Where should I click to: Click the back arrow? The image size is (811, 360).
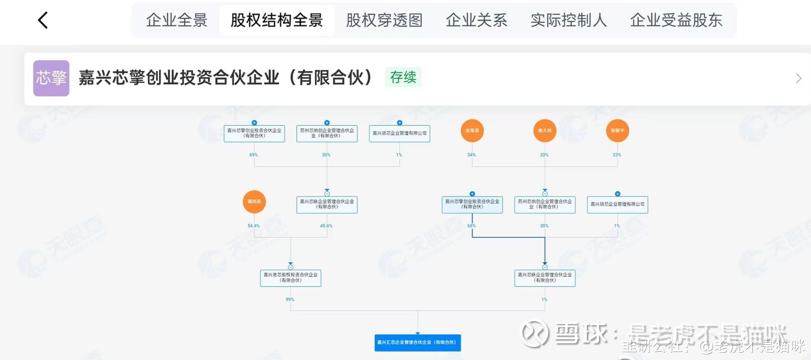pyautogui.click(x=43, y=20)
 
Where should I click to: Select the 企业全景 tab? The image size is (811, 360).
pyautogui.click(x=177, y=20)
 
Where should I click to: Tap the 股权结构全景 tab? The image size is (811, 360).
pyautogui.click(x=277, y=20)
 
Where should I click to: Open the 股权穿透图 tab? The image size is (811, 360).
pyautogui.click(x=384, y=20)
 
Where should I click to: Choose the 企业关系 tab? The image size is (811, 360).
pyautogui.click(x=476, y=20)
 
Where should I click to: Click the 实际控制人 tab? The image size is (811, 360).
pyautogui.click(x=569, y=20)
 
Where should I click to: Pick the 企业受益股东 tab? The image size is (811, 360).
pyautogui.click(x=676, y=20)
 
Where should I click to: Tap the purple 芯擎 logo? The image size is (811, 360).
pyautogui.click(x=51, y=78)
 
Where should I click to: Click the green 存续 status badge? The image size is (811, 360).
pyautogui.click(x=403, y=77)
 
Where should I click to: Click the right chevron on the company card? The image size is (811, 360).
pyautogui.click(x=798, y=78)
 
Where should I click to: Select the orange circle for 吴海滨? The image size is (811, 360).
pyautogui.click(x=472, y=131)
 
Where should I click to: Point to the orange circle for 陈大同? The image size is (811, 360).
pyautogui.click(x=545, y=131)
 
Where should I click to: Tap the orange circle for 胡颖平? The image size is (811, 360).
pyautogui.click(x=618, y=131)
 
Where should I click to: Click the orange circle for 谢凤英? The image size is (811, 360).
pyautogui.click(x=254, y=201)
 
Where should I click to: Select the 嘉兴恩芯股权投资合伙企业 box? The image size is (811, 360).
pyautogui.click(x=291, y=278)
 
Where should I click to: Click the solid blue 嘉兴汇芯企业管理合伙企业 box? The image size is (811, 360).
pyautogui.click(x=418, y=343)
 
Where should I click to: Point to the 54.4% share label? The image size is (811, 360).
pyautogui.click(x=253, y=226)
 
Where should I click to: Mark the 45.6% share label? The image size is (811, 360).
pyautogui.click(x=326, y=226)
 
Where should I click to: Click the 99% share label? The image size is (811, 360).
pyautogui.click(x=290, y=300)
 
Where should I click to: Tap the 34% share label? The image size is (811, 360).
pyautogui.click(x=471, y=155)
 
